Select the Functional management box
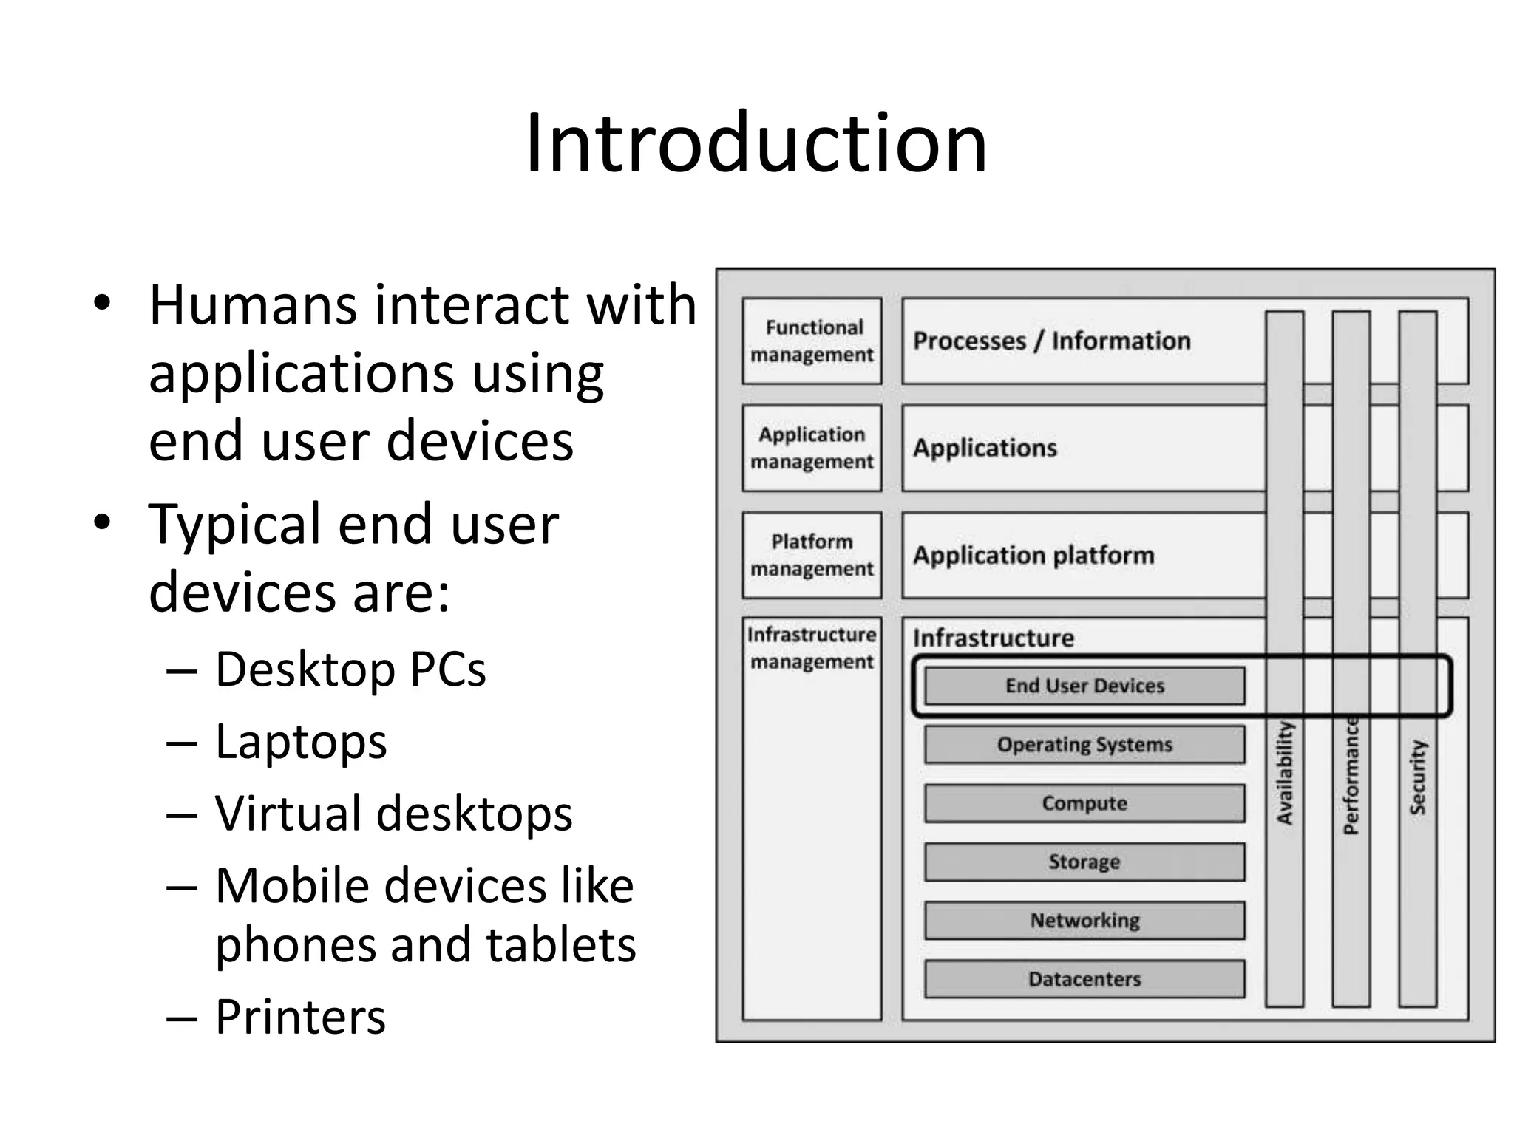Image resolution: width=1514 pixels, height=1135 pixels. [x=812, y=341]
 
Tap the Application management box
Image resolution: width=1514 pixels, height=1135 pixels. [x=812, y=448]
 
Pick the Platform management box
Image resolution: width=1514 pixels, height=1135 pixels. [x=812, y=555]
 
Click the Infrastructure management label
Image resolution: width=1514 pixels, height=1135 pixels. [x=812, y=648]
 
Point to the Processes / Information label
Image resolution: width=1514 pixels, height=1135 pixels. [x=1051, y=341]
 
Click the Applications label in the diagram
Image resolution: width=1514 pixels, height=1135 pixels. [x=985, y=448]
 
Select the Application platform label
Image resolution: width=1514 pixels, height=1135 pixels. [x=1033, y=555]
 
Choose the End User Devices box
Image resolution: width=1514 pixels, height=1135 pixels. [x=1084, y=686]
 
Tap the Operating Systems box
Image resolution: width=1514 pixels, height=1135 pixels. [x=1084, y=744]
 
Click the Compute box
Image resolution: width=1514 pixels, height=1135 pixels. [x=1084, y=803]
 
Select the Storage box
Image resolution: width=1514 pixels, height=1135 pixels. [x=1084, y=862]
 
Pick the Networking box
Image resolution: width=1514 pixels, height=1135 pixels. [x=1084, y=921]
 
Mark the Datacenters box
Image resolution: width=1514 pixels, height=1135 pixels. [x=1084, y=979]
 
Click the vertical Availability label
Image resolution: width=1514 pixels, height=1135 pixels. [x=1285, y=773]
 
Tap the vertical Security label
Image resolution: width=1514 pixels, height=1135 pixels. [x=1417, y=777]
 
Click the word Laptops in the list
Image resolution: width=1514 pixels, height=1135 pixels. [x=301, y=742]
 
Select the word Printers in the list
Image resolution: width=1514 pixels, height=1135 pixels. [x=300, y=1017]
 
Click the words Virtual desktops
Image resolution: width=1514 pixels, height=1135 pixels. [x=393, y=814]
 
